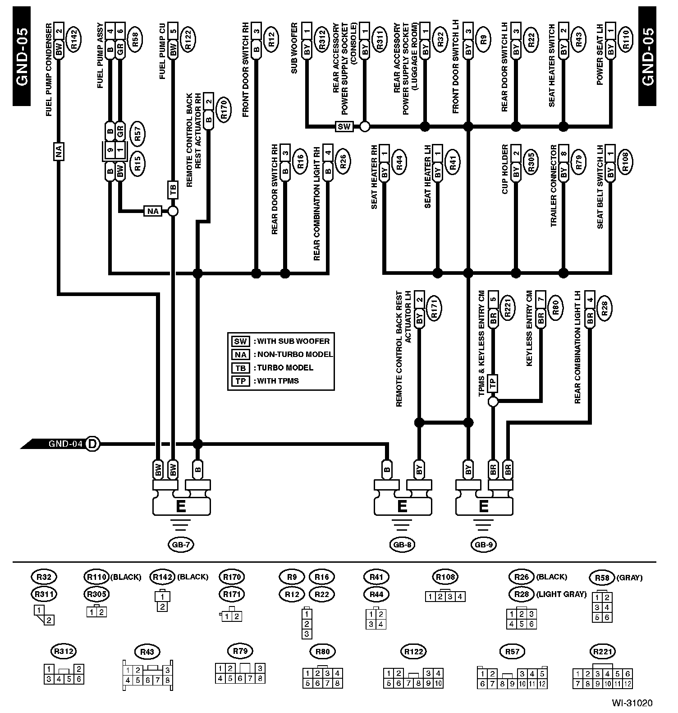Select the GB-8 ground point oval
coord(402,545)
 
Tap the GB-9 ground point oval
coord(483,545)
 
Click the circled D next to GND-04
coord(92,444)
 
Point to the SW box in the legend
coord(240,341)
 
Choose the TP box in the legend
coord(240,381)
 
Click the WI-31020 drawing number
coord(632,703)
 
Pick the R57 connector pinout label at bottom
coord(513,651)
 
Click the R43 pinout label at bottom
coord(147,651)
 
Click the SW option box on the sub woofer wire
coord(344,126)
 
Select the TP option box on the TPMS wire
coord(493,383)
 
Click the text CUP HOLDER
coord(505,170)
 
